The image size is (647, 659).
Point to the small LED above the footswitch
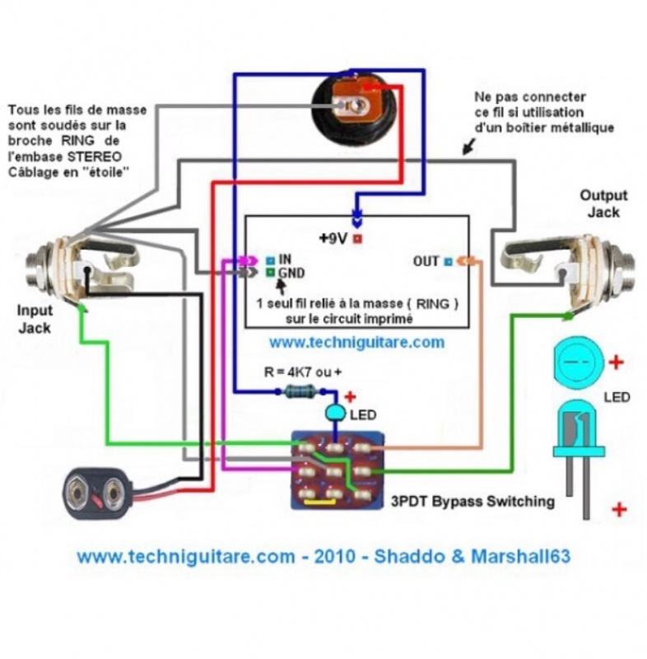click(336, 411)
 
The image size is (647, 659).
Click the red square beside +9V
click(358, 239)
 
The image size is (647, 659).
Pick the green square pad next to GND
click(270, 272)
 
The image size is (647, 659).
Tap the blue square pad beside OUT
click(448, 261)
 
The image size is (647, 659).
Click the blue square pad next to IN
click(270, 259)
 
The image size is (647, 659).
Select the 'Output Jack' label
click(603, 203)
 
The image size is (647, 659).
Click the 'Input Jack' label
click(35, 319)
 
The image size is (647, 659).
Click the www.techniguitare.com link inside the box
click(356, 341)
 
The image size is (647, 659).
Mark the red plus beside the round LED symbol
click(617, 361)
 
